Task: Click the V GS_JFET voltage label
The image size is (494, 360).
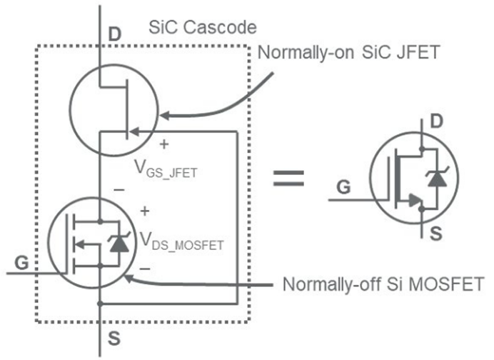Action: tap(166, 169)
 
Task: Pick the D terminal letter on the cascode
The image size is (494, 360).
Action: tap(114, 34)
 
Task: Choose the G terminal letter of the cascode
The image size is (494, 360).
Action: tap(21, 263)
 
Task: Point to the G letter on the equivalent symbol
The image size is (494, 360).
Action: tap(344, 188)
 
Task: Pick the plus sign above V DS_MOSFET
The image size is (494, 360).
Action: tap(146, 211)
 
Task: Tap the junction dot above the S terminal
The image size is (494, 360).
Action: tap(101, 304)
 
